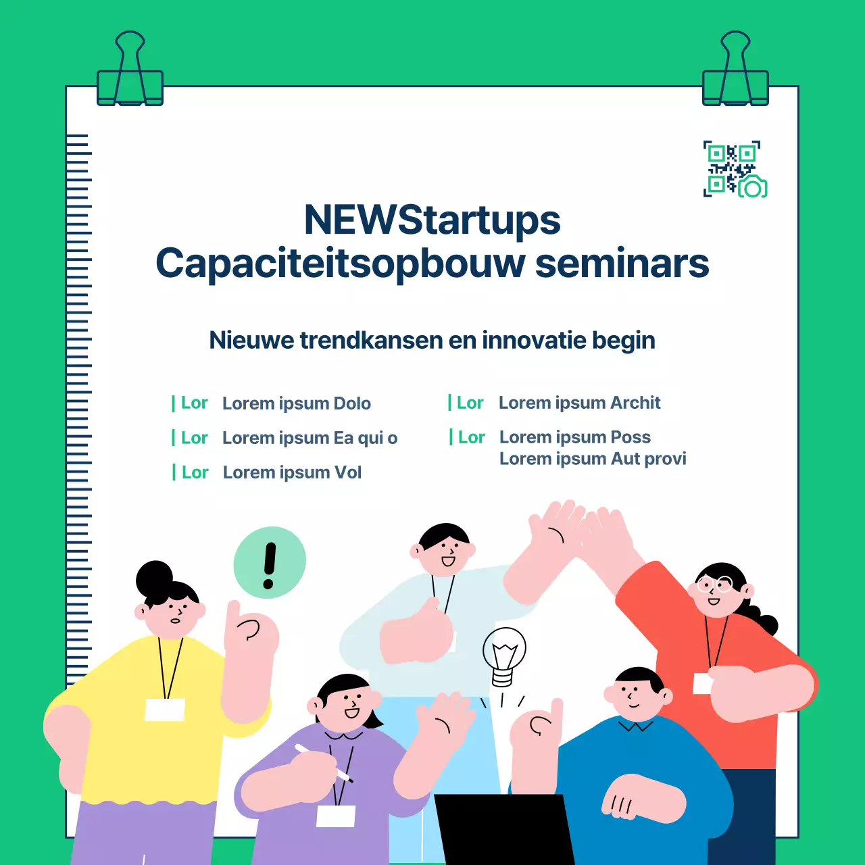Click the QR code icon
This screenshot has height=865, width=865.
click(x=735, y=170)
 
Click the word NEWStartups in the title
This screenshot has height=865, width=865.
click(x=432, y=220)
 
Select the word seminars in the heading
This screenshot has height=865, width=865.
click(x=622, y=264)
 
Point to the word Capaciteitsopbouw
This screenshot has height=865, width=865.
click(x=340, y=264)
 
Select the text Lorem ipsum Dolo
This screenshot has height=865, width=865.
click(x=296, y=403)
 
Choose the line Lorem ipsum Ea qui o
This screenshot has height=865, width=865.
click(x=310, y=438)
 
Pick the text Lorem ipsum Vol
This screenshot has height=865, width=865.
click(x=292, y=472)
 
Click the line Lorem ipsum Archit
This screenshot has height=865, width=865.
click(x=579, y=403)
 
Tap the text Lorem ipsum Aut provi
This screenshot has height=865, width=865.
click(x=593, y=459)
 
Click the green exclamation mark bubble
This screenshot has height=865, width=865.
click(x=270, y=562)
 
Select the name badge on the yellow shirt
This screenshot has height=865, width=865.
click(x=165, y=710)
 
